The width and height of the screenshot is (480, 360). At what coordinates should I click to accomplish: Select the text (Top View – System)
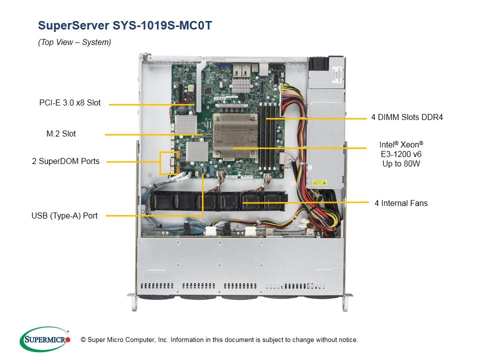click(74, 42)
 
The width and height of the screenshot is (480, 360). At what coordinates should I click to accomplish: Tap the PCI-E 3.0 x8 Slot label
click(70, 103)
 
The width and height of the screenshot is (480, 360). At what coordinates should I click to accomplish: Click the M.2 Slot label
click(61, 133)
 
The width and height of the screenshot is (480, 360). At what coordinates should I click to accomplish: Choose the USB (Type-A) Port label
click(64, 215)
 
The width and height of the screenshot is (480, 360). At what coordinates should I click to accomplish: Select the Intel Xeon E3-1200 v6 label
click(401, 154)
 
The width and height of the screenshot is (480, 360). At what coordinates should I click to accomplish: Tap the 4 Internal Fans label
click(401, 203)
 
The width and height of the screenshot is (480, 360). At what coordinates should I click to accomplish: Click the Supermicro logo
click(45, 339)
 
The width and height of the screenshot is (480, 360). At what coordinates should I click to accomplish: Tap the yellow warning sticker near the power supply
click(319, 183)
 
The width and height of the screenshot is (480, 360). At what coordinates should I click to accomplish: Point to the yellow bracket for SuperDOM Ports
click(161, 161)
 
